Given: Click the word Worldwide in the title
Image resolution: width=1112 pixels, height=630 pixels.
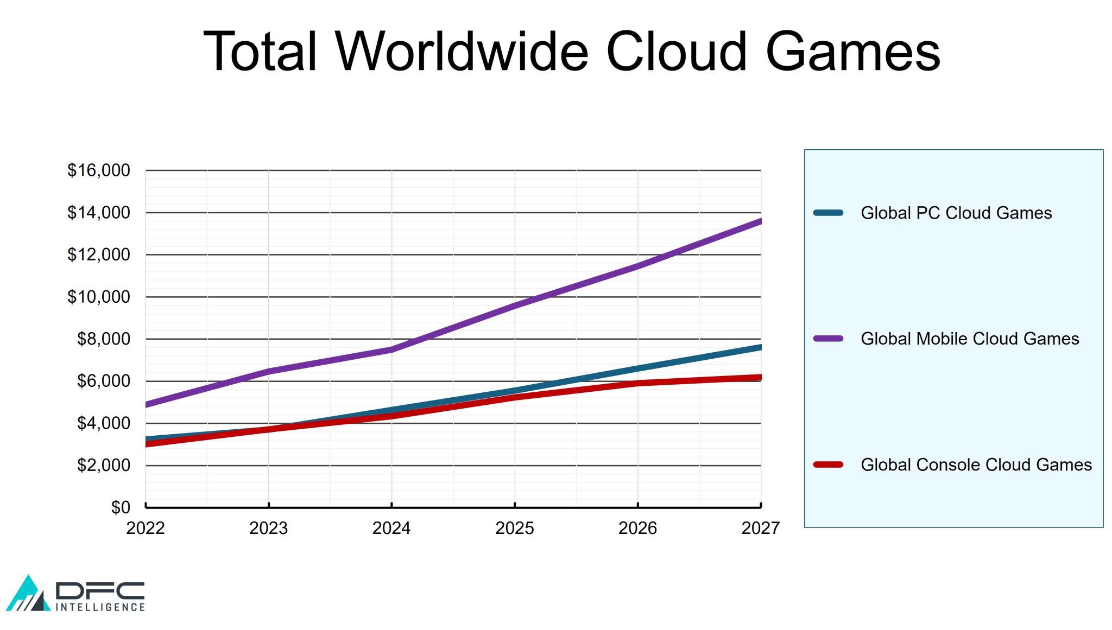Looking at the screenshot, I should point(462,52).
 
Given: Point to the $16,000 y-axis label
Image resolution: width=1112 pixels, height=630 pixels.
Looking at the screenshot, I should point(99,170).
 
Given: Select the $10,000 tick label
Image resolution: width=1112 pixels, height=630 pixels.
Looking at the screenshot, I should point(99,297).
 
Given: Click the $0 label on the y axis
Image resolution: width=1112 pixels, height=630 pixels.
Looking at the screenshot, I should point(121,507).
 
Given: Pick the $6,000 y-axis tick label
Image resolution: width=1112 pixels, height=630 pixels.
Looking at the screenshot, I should point(104,381).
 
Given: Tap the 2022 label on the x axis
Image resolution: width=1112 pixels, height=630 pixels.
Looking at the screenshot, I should point(146,528).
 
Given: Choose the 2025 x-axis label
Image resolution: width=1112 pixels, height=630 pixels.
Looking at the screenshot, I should point(514,528).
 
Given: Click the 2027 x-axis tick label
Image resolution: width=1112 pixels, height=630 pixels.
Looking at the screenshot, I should point(760,528).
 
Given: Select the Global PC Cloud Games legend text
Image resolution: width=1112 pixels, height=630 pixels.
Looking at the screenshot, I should point(956,213).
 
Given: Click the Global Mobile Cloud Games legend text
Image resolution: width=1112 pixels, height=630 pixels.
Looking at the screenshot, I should point(970,339).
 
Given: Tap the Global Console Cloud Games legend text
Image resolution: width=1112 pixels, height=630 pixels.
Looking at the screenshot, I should point(976,464).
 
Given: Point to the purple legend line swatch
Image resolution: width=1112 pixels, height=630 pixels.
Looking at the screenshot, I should point(828,339).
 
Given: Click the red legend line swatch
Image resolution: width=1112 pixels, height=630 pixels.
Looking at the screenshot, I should point(828,464).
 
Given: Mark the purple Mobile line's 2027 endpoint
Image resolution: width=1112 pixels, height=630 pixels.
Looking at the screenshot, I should point(760,221).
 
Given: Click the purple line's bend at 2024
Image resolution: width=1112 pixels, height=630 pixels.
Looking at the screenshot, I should point(391,349).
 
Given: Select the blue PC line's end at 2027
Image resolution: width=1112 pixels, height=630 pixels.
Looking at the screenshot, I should point(760,347).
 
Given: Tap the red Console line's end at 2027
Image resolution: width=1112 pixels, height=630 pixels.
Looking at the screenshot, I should point(760,377).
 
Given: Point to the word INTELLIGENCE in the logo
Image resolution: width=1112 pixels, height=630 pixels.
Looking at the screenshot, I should point(100,607).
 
